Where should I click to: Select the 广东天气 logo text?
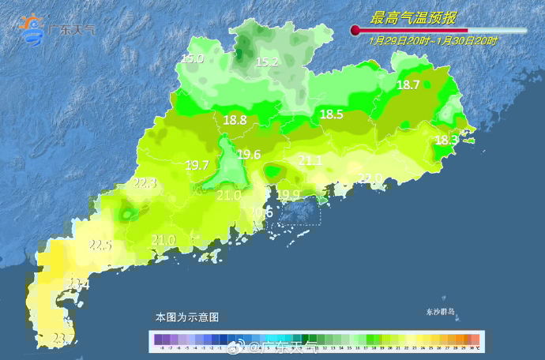[71, 30]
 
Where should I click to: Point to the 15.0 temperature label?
[192, 59]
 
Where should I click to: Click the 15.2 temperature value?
[267, 62]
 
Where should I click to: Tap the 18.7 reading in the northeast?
[408, 85]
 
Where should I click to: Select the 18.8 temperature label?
[235, 121]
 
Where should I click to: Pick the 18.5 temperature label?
[331, 114]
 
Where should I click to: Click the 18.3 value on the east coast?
[446, 140]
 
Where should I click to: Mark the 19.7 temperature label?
[197, 166]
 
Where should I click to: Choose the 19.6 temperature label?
[249, 155]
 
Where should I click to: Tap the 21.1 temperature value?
[310, 161]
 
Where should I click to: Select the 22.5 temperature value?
[100, 246]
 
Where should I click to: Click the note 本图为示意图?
[187, 317]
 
